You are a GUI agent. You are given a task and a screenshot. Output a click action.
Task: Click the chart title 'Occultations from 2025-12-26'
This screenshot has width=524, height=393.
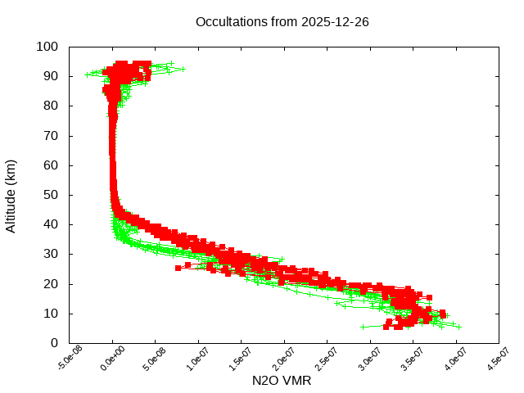(x=282, y=22)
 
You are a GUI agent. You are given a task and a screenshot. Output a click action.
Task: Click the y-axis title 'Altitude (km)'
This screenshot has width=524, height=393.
(x=11, y=195)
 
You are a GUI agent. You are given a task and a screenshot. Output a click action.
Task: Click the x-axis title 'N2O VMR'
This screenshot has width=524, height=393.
(x=282, y=381)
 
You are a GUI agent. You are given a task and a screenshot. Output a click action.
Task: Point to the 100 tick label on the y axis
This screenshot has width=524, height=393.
(x=47, y=47)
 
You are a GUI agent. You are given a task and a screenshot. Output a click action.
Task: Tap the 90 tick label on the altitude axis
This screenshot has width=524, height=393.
(x=50, y=76)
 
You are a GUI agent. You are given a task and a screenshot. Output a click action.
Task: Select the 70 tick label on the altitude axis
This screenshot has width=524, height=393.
(x=50, y=135)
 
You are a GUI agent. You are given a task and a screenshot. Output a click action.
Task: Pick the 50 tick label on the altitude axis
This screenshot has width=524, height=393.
(x=50, y=195)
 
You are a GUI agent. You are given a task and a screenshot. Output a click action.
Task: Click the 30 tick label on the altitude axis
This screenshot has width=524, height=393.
(x=50, y=254)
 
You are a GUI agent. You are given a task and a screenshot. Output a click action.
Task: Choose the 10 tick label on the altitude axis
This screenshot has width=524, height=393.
(x=50, y=314)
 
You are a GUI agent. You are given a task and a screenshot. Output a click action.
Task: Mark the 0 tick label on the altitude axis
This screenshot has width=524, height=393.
(x=53, y=343)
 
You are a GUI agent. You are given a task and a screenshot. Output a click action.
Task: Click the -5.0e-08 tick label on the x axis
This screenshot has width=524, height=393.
(x=70, y=361)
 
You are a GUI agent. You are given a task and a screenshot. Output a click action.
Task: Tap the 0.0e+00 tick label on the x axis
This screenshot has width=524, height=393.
(x=112, y=361)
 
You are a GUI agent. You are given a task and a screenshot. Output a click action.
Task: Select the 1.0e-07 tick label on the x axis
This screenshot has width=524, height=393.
(x=198, y=361)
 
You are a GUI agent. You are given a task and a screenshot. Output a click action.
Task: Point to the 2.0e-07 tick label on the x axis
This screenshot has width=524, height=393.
(x=284, y=361)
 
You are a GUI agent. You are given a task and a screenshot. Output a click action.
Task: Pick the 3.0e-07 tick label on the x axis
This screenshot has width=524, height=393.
(x=370, y=361)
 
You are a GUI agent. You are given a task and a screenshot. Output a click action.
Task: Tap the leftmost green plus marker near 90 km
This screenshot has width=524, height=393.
(x=88, y=75)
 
